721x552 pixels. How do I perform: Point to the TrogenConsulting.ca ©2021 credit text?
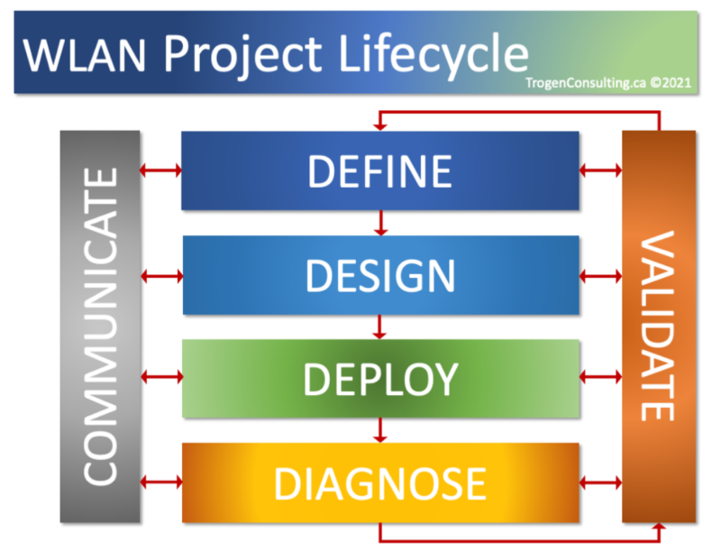click(x=610, y=80)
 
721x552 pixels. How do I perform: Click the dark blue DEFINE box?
click(x=379, y=170)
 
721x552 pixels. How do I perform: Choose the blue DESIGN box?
click(x=379, y=275)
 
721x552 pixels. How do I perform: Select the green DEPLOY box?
click(x=379, y=379)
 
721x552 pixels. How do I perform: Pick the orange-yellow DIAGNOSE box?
click(x=379, y=483)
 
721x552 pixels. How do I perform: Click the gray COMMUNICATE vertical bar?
click(x=101, y=327)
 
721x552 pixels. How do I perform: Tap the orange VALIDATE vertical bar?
click(x=659, y=327)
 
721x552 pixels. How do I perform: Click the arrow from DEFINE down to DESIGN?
click(x=381, y=223)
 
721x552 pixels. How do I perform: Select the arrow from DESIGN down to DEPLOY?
click(x=381, y=327)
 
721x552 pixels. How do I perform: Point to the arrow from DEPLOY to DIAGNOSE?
click(x=381, y=431)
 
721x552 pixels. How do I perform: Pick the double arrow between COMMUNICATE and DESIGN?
click(x=161, y=273)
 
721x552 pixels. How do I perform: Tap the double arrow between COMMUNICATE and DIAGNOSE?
click(x=161, y=482)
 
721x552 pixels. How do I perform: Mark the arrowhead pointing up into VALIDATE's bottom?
click(x=660, y=529)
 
